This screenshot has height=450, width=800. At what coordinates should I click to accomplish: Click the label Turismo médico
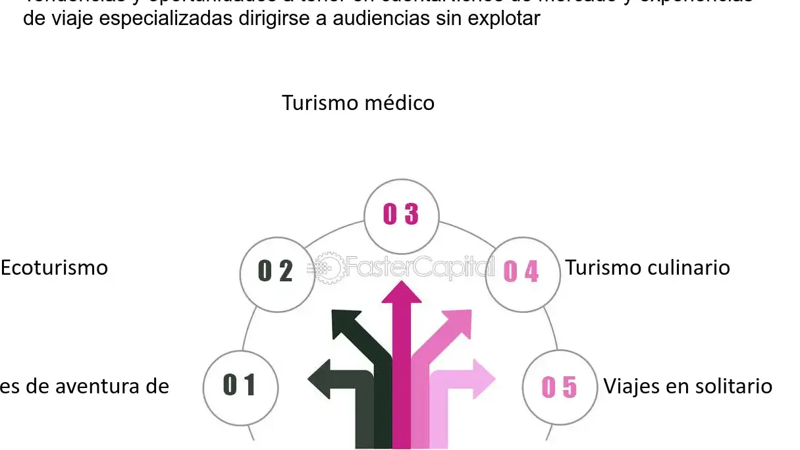click(358, 103)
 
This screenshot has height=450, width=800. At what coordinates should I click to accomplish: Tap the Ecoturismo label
click(54, 268)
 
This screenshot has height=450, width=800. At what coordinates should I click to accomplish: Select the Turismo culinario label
click(647, 268)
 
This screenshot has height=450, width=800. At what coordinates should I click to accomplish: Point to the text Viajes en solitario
click(687, 385)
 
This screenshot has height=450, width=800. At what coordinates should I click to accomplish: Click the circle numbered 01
click(240, 385)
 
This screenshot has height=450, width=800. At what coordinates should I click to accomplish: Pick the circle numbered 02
click(277, 271)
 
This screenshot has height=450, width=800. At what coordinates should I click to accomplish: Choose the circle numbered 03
click(401, 215)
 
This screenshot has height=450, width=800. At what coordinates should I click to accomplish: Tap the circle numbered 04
click(521, 271)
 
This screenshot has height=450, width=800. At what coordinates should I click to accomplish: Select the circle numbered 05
click(559, 387)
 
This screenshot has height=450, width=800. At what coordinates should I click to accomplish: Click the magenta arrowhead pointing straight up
click(402, 293)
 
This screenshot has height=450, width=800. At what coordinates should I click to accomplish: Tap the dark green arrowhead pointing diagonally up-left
click(346, 323)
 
